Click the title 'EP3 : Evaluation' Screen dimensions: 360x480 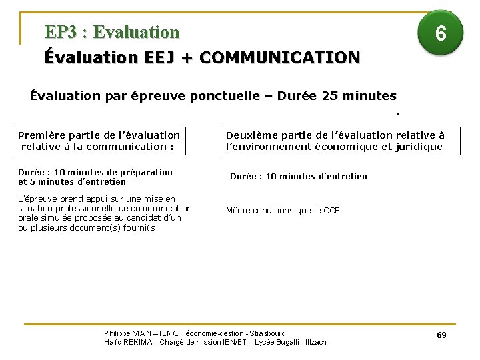pyautogui.click(x=112, y=32)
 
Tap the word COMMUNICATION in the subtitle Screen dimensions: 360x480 pyautogui.click(x=279, y=58)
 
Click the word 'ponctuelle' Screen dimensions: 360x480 pyautogui.click(x=228, y=96)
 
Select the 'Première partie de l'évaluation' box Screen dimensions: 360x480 pyautogui.click(x=99, y=141)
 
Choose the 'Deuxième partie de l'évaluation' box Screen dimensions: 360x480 pyautogui.click(x=340, y=141)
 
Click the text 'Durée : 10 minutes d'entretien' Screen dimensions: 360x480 pyautogui.click(x=298, y=177)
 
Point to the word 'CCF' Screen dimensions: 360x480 pyautogui.click(x=331, y=211)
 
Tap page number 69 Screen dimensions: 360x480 pyautogui.click(x=441, y=335)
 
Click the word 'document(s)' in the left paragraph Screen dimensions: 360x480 pyautogui.click(x=109, y=228)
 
